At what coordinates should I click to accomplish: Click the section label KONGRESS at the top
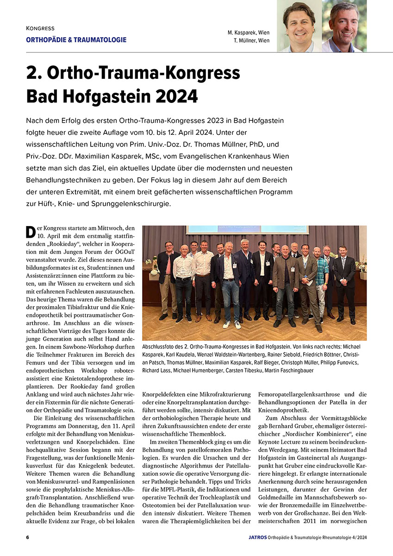click(40, 29)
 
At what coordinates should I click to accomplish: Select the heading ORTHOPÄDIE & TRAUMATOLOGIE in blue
click(76, 40)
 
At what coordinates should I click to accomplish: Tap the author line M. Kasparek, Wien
click(248, 33)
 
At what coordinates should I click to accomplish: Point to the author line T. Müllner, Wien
click(251, 41)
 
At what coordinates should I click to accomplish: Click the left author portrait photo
click(299, 25)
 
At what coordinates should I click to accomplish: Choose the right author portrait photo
click(344, 25)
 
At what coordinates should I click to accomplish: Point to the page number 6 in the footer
click(28, 537)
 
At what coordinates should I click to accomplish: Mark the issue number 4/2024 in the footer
click(355, 537)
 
